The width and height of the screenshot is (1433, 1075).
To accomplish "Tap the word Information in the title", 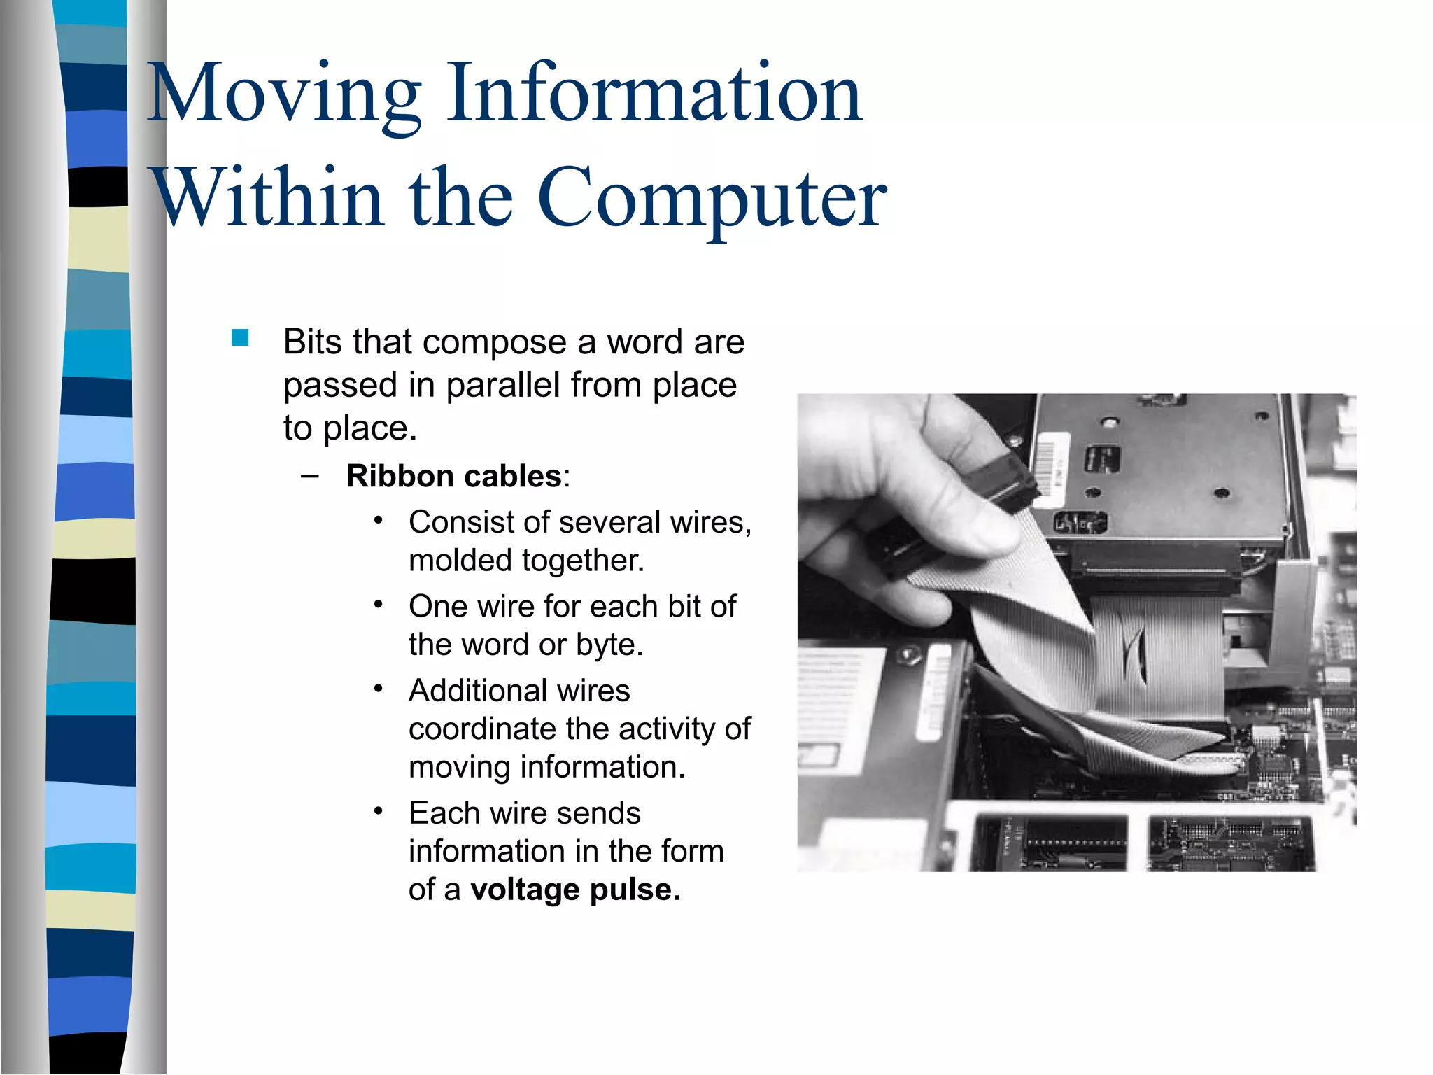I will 655,94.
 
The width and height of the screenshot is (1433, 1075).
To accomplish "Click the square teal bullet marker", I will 240,339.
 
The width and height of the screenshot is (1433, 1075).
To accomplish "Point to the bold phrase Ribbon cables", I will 454,477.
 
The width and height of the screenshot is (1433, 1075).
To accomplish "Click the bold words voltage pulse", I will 575,890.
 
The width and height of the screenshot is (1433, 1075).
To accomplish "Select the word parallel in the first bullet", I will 502,385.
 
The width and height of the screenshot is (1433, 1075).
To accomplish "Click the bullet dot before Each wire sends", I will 379,811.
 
